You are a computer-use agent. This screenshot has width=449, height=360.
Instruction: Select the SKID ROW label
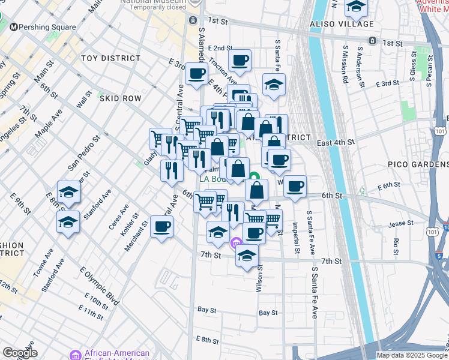tap(120, 98)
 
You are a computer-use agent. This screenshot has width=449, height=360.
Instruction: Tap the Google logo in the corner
tap(20, 353)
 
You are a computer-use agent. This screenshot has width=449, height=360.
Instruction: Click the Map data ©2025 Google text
tap(411, 355)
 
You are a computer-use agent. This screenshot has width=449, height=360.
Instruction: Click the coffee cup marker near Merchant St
tap(163, 227)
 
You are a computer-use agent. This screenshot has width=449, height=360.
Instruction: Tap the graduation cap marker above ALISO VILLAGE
tap(357, 7)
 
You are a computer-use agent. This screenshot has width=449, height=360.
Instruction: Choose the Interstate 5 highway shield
tap(440, 256)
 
